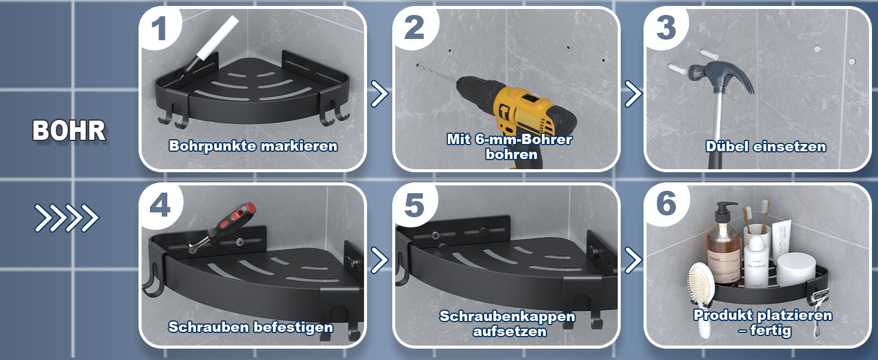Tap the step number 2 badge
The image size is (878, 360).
pyautogui.click(x=414, y=28)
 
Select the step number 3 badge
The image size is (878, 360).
pyautogui.click(x=666, y=28)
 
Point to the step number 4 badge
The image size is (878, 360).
pyautogui.click(x=160, y=205)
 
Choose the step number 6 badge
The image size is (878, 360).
pyautogui.click(x=666, y=204)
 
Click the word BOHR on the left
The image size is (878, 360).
pyautogui.click(x=69, y=131)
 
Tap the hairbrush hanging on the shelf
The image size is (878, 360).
pyautogui.click(x=702, y=290)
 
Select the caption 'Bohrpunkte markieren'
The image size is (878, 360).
pyautogui.click(x=253, y=146)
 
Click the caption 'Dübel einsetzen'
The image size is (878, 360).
pyautogui.click(x=766, y=146)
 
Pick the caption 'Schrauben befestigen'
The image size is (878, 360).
pyautogui.click(x=251, y=327)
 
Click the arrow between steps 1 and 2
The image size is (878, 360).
pyautogui.click(x=380, y=94)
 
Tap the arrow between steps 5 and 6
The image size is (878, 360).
pyautogui.click(x=633, y=260)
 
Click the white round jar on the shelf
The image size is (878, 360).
pyautogui.click(x=796, y=270)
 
